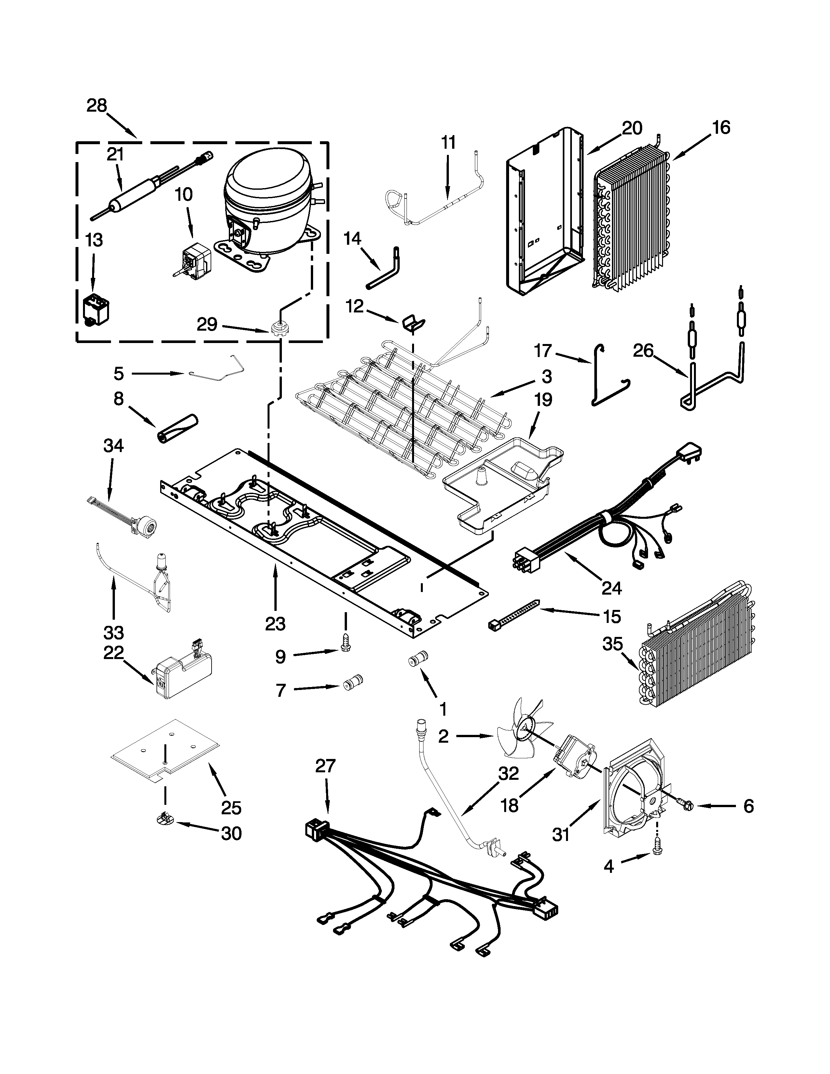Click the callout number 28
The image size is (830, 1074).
click(x=97, y=106)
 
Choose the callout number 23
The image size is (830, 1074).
click(x=275, y=624)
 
